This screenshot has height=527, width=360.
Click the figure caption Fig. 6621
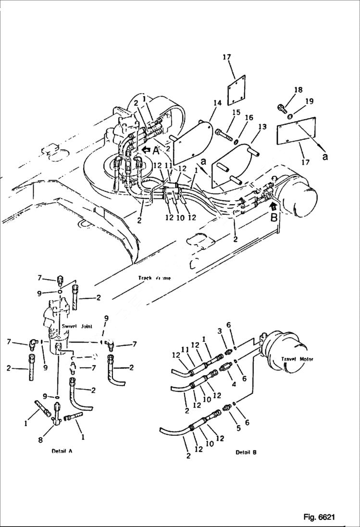point(319,517)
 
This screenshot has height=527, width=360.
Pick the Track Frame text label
point(154,278)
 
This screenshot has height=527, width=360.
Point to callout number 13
point(262,126)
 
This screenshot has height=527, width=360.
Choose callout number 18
point(298,90)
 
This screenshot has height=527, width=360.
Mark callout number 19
point(309,101)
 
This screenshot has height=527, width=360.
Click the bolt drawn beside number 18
point(282,109)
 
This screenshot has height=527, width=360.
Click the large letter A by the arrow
point(155,150)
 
